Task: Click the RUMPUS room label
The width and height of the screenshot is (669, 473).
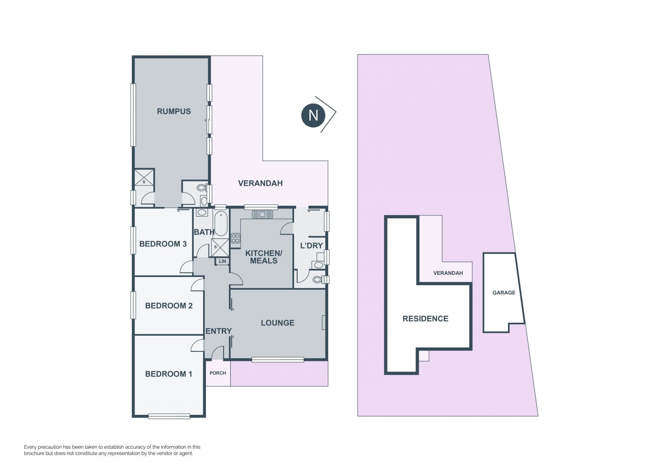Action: click(x=174, y=112)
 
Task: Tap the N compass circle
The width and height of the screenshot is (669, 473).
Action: click(x=313, y=115)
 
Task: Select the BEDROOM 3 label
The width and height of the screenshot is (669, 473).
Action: click(x=163, y=244)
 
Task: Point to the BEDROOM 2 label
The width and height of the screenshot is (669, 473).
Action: click(x=169, y=306)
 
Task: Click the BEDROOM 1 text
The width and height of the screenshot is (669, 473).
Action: click(x=169, y=374)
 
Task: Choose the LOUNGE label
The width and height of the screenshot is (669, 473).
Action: click(x=278, y=323)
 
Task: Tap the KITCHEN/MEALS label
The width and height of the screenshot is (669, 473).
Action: click(x=264, y=257)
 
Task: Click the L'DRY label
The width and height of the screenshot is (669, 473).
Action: click(x=312, y=245)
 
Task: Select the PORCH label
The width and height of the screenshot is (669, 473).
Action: click(x=218, y=373)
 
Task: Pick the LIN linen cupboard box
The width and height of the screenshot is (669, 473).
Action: click(x=222, y=261)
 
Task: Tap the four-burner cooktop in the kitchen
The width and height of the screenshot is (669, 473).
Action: click(x=236, y=238)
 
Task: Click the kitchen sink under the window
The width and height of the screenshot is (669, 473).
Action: click(x=262, y=214)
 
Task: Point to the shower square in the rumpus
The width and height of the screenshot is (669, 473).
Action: click(x=144, y=177)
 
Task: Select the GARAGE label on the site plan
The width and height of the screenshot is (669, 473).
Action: click(x=504, y=293)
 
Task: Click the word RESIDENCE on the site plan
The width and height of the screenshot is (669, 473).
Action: click(x=425, y=319)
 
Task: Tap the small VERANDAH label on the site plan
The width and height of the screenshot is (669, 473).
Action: click(x=448, y=273)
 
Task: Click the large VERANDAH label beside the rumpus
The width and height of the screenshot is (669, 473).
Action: click(x=260, y=183)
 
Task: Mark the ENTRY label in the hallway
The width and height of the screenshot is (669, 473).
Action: click(x=218, y=331)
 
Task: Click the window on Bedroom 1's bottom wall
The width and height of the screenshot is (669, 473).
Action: click(x=169, y=416)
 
